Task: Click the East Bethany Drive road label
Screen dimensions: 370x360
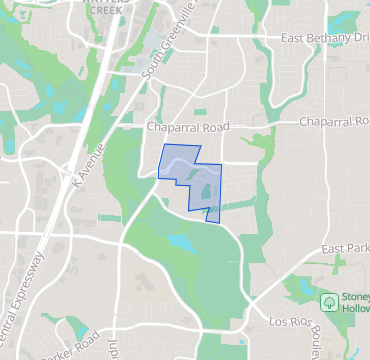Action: point(324,38)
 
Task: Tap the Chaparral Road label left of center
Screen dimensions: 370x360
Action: point(188,128)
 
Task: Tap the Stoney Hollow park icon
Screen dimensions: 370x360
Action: point(328,301)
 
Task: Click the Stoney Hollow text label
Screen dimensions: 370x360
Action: point(354,302)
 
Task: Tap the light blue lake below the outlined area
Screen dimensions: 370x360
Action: point(183,242)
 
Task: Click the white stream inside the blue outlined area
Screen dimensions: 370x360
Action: point(180,159)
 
